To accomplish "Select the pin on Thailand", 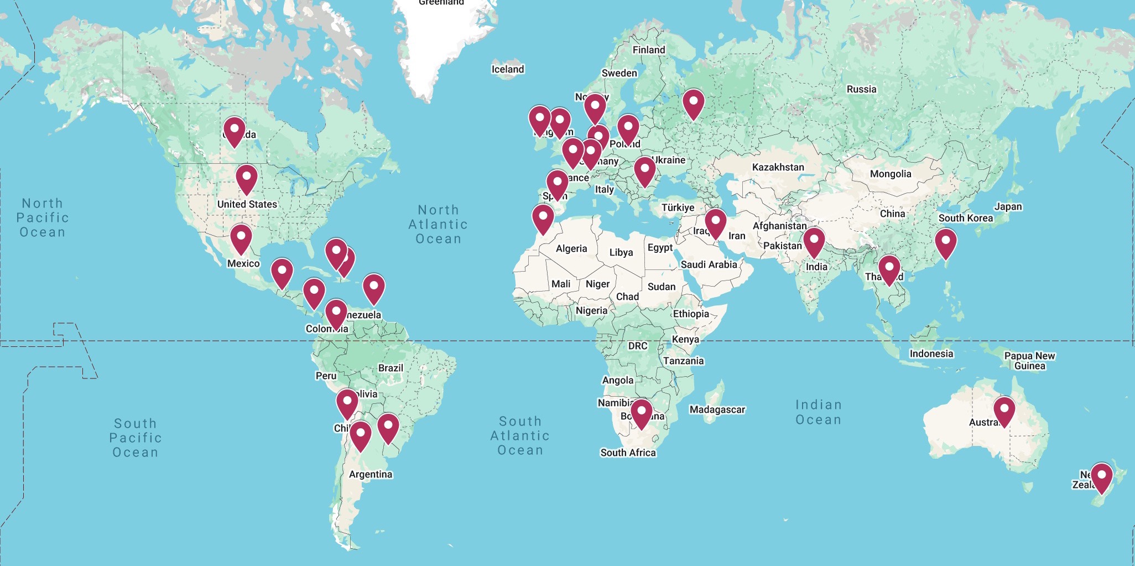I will pos(889,269).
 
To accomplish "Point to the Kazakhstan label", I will pos(778,167).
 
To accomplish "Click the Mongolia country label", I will pos(890,174).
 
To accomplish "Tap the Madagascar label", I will pos(717,409).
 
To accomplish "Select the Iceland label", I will pos(507,69).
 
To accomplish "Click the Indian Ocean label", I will pos(818,412).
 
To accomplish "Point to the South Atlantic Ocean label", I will pos(520,436).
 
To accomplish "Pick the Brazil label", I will pos(391,368).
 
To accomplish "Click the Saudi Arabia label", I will pos(709,264).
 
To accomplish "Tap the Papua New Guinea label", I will pos(1029,361).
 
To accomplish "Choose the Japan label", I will pos(1008,206).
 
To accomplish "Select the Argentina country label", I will pos(370,474).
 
